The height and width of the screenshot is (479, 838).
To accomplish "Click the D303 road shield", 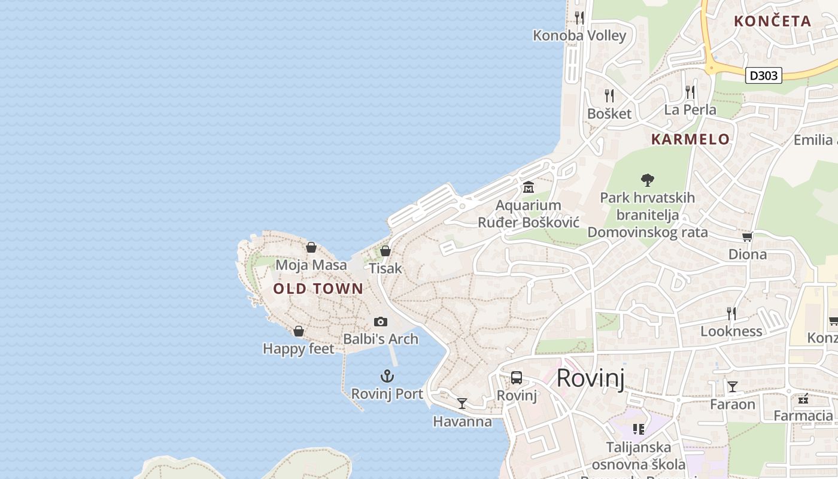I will click(x=764, y=75).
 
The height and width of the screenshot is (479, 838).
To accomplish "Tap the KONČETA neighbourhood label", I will click(x=772, y=21).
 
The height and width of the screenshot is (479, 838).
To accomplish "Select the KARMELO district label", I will click(x=690, y=140).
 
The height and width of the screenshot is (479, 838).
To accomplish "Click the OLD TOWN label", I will click(x=318, y=289).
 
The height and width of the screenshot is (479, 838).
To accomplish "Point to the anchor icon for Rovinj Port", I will click(x=387, y=377).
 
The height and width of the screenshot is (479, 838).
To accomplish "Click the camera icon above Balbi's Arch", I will click(x=381, y=322).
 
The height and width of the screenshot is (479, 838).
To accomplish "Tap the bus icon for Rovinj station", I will click(x=517, y=378).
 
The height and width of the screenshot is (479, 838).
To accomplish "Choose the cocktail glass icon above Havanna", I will click(x=462, y=404).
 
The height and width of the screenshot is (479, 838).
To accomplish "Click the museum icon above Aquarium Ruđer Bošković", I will click(x=529, y=188).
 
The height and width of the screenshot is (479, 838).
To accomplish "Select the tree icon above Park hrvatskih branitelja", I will click(x=647, y=180).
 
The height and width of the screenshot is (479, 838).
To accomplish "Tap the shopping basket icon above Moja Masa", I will click(x=311, y=247).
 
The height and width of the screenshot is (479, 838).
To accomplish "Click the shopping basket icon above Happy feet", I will click(x=299, y=331).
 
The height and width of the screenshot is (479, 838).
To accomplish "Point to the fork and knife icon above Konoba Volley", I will click(x=579, y=17).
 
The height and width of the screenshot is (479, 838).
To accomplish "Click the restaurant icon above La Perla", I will click(x=690, y=92).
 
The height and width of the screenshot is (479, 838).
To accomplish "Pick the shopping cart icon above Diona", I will click(x=747, y=237).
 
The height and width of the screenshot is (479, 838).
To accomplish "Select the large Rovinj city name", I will click(x=591, y=378).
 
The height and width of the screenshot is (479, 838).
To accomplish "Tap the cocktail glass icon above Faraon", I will click(x=732, y=387).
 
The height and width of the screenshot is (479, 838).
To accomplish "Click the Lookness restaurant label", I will click(x=731, y=331).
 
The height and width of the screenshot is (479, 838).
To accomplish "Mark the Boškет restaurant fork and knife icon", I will click(x=609, y=96).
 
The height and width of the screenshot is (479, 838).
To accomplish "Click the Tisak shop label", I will click(x=385, y=268).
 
